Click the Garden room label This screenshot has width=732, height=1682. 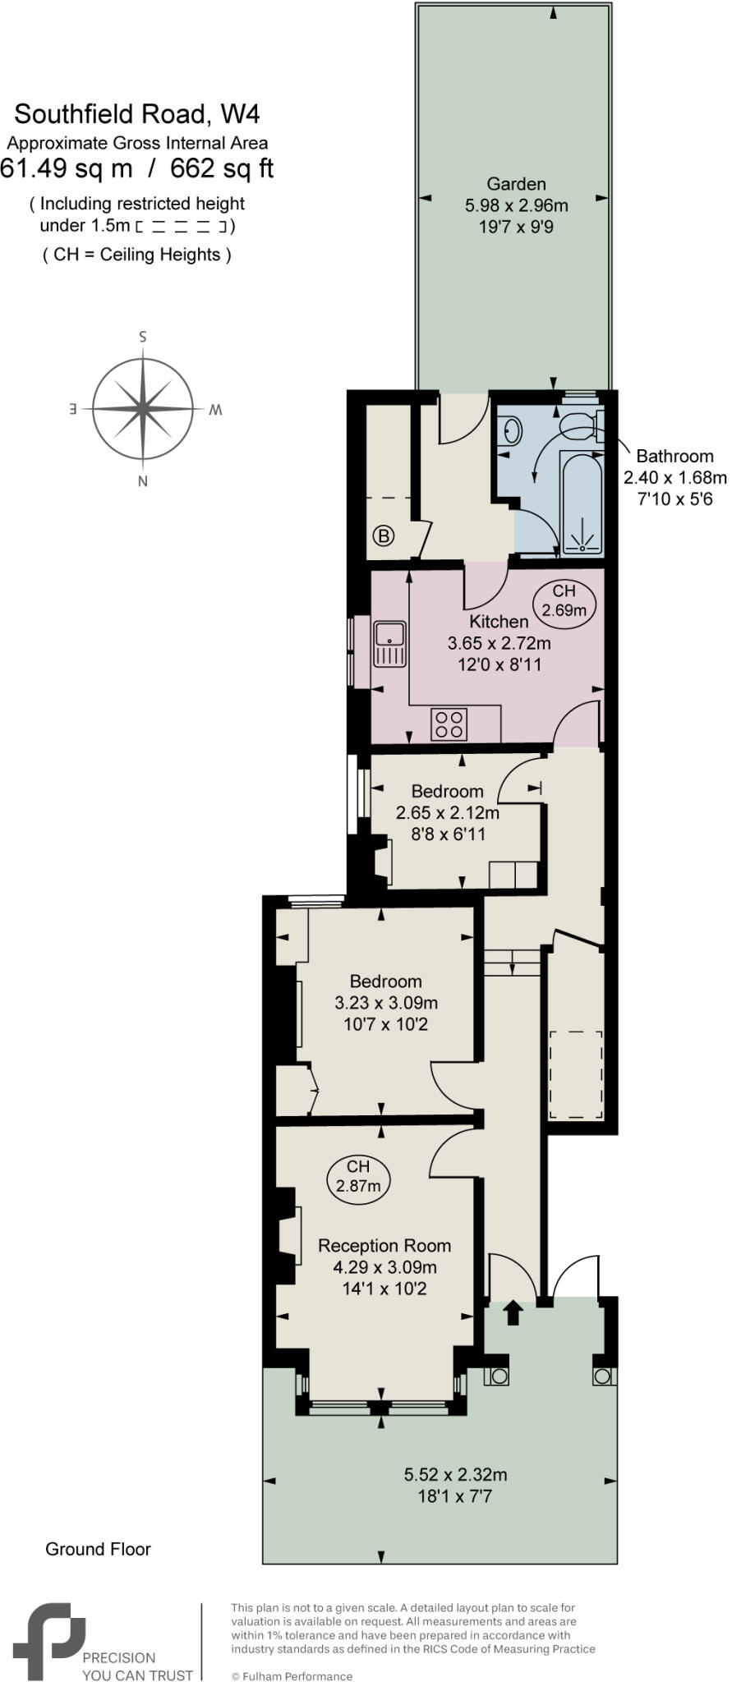coord(516,184)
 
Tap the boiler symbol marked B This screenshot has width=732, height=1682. coord(384,536)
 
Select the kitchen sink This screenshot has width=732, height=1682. coord(389,644)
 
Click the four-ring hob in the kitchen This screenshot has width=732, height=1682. coord(449,724)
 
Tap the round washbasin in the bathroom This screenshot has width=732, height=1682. coord(511,430)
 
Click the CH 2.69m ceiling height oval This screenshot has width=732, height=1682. coord(564,600)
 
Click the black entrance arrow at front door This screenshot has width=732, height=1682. coord(513,1312)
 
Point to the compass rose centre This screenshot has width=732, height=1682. coord(144,408)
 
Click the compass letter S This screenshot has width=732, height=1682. coord(143,337)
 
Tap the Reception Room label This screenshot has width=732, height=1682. coord(384,1245)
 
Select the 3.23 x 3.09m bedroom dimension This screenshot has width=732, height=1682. coord(386,1003)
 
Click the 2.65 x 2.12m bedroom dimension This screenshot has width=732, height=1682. coord(448,813)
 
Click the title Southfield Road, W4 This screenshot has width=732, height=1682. coord(137,113)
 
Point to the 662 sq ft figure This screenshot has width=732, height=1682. coord(222,168)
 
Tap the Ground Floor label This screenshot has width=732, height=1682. coord(98,1549)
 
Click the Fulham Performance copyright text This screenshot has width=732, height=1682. coord(292,1676)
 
